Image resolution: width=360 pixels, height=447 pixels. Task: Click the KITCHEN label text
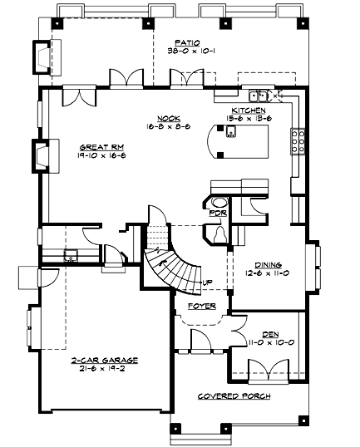pos(249,110)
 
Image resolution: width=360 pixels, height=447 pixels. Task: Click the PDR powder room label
pos(217,213)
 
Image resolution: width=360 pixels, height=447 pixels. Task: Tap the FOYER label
pos(201,305)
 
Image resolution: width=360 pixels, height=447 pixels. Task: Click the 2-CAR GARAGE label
pos(104,361)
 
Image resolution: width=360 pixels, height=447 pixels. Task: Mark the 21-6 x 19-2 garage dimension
pos(104,370)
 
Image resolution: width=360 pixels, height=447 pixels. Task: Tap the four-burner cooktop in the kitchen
pos(296,144)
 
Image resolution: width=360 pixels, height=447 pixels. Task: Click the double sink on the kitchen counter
pos(260,95)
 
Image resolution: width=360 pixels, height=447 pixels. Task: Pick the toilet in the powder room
pos(219,235)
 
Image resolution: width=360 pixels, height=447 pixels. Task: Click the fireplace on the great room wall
pos(42,155)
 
